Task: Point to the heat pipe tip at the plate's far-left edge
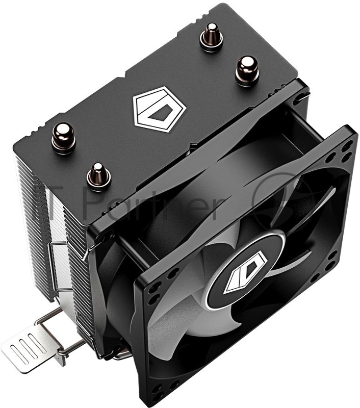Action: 64,137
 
